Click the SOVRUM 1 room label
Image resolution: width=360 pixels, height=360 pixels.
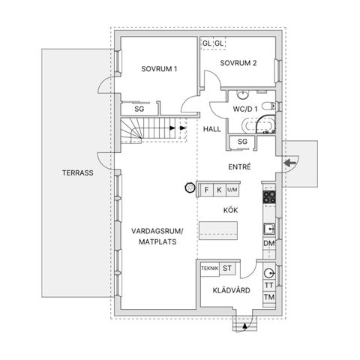(159, 69)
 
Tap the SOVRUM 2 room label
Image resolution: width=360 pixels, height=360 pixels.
(238, 63)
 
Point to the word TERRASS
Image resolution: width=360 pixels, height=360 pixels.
(77, 172)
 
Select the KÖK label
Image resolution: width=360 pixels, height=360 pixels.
(230, 211)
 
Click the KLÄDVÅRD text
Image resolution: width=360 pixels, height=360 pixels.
(232, 289)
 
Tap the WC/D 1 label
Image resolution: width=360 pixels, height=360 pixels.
(246, 109)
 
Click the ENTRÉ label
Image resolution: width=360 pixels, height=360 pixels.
(239, 166)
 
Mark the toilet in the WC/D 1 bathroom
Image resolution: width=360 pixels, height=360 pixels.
(268, 106)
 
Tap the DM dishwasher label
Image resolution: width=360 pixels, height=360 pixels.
(268, 244)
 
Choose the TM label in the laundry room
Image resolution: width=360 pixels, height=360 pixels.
(268, 298)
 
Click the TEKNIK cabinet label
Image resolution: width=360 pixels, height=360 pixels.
(209, 268)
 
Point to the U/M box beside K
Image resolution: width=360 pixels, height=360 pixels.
(232, 190)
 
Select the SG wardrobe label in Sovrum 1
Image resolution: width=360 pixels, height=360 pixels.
(139, 109)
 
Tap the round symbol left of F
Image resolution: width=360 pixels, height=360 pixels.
(187, 190)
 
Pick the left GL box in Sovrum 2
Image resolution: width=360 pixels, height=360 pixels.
(206, 43)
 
